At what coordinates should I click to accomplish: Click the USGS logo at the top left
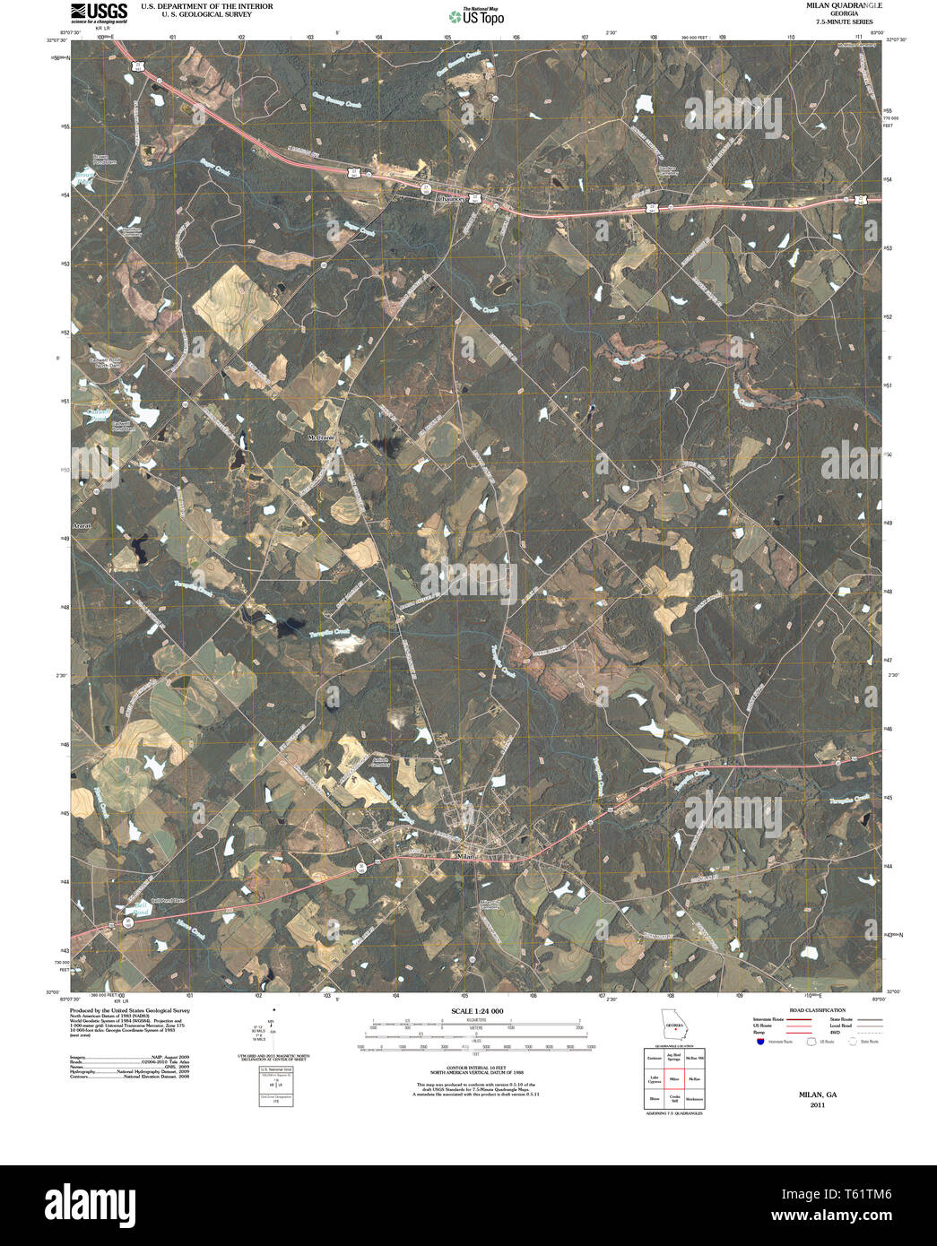(98, 13)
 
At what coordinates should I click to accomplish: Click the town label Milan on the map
(464, 857)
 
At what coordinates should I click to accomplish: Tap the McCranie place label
(320, 437)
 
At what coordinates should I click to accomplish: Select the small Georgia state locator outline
(672, 1024)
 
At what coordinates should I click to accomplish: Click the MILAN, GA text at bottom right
(817, 1095)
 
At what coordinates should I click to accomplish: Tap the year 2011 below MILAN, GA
(817, 1105)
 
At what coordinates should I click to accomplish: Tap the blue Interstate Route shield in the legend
(760, 1043)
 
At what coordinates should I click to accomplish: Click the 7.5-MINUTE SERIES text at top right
(843, 21)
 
